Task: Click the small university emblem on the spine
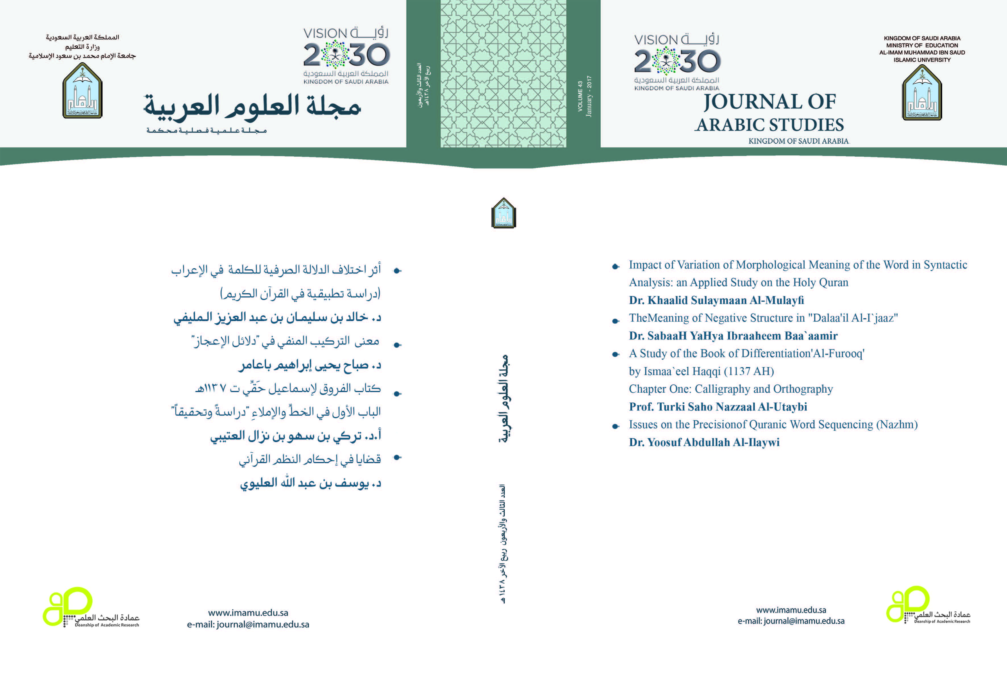tap(504, 213)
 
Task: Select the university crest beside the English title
tap(922, 93)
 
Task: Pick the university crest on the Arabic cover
tap(82, 91)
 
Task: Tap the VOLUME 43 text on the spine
tap(580, 96)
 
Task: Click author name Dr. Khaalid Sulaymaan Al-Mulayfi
tap(716, 300)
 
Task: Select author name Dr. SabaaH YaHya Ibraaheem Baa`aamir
tap(733, 336)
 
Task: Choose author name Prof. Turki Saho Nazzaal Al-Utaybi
tap(718, 407)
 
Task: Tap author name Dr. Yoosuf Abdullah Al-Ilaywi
tap(704, 442)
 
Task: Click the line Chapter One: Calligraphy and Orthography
tap(730, 389)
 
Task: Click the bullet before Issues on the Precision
tap(615, 426)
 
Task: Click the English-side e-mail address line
tap(791, 621)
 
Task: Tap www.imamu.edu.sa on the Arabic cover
tap(248, 613)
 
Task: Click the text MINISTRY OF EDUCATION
tap(922, 45)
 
